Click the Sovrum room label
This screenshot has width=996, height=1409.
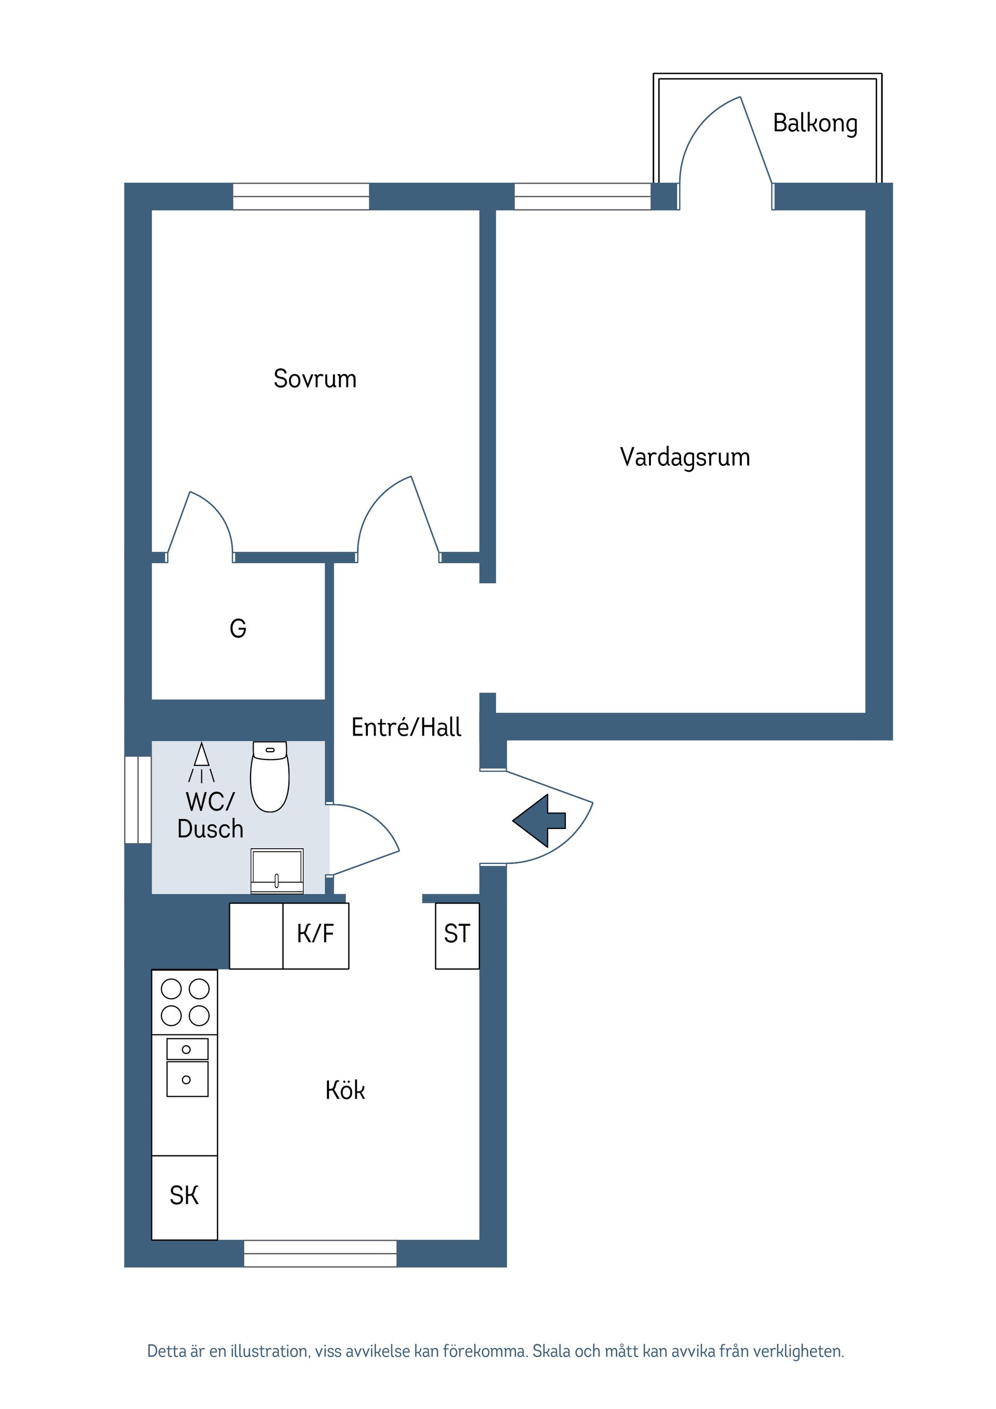point(315,379)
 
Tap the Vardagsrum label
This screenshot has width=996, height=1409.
point(684,457)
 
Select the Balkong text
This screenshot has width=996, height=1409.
point(815,123)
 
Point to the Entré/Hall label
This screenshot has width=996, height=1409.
point(406,727)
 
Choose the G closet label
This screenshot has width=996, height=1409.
point(238,628)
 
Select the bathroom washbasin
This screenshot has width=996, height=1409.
point(277,870)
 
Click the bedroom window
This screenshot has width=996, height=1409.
point(301,197)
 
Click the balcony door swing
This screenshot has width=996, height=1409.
point(724,141)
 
